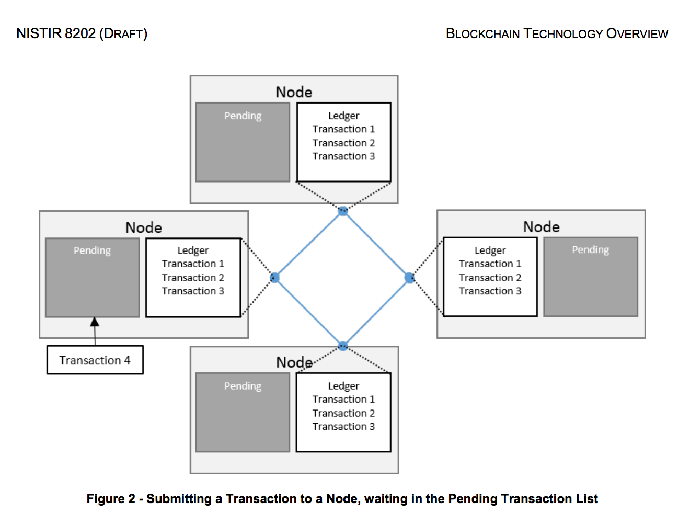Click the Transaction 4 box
coord(95,360)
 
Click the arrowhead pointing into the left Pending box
coord(95,322)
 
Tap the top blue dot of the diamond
coord(343,211)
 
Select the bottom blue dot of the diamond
coord(343,346)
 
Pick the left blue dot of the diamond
coord(274,278)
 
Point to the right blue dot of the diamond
coord(409,278)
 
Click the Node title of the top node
coord(294,92)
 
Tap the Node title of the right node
coord(541,226)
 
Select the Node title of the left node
coord(143,227)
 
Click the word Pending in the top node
coord(243,116)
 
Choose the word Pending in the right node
coord(590,249)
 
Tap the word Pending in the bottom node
coord(243,386)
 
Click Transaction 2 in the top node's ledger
coord(343,143)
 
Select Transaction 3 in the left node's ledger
coord(192,291)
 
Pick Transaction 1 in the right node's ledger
coord(490,264)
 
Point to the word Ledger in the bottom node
coord(343,386)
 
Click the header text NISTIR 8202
coord(56,33)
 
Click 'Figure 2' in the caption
coord(111,499)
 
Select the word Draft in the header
coord(123,33)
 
